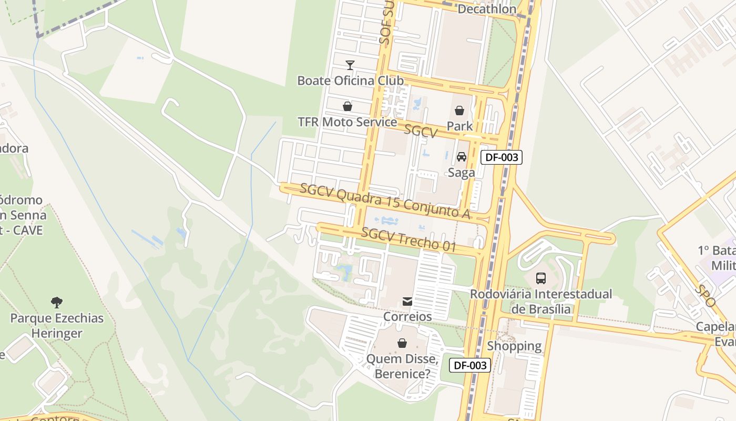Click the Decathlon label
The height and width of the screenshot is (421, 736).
pyautogui.click(x=487, y=9)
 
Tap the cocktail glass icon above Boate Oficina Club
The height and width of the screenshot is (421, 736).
pyautogui.click(x=350, y=65)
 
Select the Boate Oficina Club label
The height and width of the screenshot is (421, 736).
pyautogui.click(x=350, y=81)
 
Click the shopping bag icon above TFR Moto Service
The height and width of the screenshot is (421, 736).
pyautogui.click(x=347, y=106)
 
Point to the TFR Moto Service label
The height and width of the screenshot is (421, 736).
pyautogui.click(x=347, y=122)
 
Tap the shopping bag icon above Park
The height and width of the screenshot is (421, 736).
pyautogui.click(x=459, y=111)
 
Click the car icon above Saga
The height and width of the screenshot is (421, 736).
pyautogui.click(x=462, y=157)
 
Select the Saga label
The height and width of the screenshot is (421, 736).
pyautogui.click(x=461, y=173)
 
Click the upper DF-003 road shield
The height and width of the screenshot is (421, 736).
pyautogui.click(x=501, y=157)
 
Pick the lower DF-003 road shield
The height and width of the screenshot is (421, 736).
pyautogui.click(x=469, y=365)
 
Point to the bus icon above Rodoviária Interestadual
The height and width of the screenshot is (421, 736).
pyautogui.click(x=540, y=278)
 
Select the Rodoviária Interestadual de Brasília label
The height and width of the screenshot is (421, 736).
pyautogui.click(x=541, y=302)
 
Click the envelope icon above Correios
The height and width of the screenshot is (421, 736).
pyautogui.click(x=407, y=302)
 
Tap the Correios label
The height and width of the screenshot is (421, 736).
pyautogui.click(x=407, y=316)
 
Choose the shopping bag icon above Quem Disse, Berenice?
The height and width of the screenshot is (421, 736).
pyautogui.click(x=402, y=343)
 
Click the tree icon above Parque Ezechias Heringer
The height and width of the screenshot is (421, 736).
pyautogui.click(x=57, y=303)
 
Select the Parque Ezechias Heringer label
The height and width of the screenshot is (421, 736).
pyautogui.click(x=57, y=326)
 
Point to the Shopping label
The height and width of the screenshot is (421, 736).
pyautogui.click(x=514, y=346)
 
